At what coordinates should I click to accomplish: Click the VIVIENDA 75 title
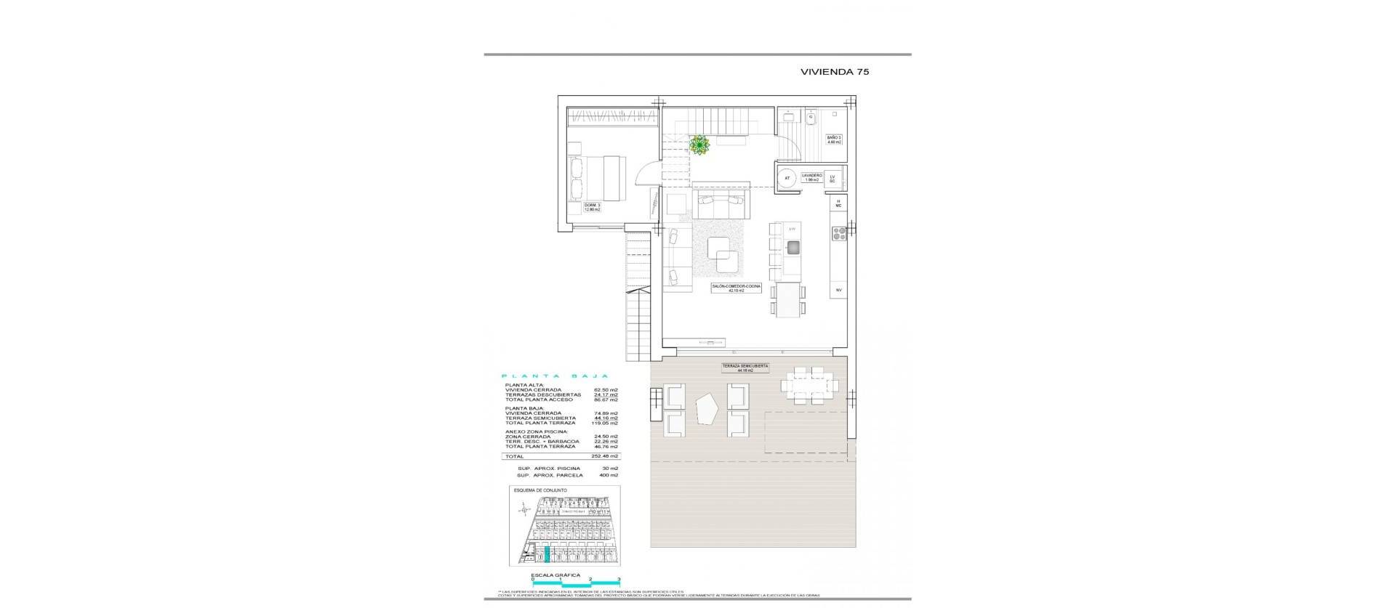[835, 72]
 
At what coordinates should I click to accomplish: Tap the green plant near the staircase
[699, 145]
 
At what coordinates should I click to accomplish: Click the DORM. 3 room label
[593, 207]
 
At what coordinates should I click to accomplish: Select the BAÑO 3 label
[834, 139]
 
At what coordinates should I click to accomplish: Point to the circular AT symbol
[787, 177]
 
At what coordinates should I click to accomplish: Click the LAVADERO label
[811, 177]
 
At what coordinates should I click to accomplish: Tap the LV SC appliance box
[833, 177]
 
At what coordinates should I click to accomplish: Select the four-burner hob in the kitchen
[838, 233]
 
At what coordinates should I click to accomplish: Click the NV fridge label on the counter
[838, 290]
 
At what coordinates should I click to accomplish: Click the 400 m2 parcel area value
[609, 475]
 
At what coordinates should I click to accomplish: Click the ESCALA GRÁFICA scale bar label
[555, 575]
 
